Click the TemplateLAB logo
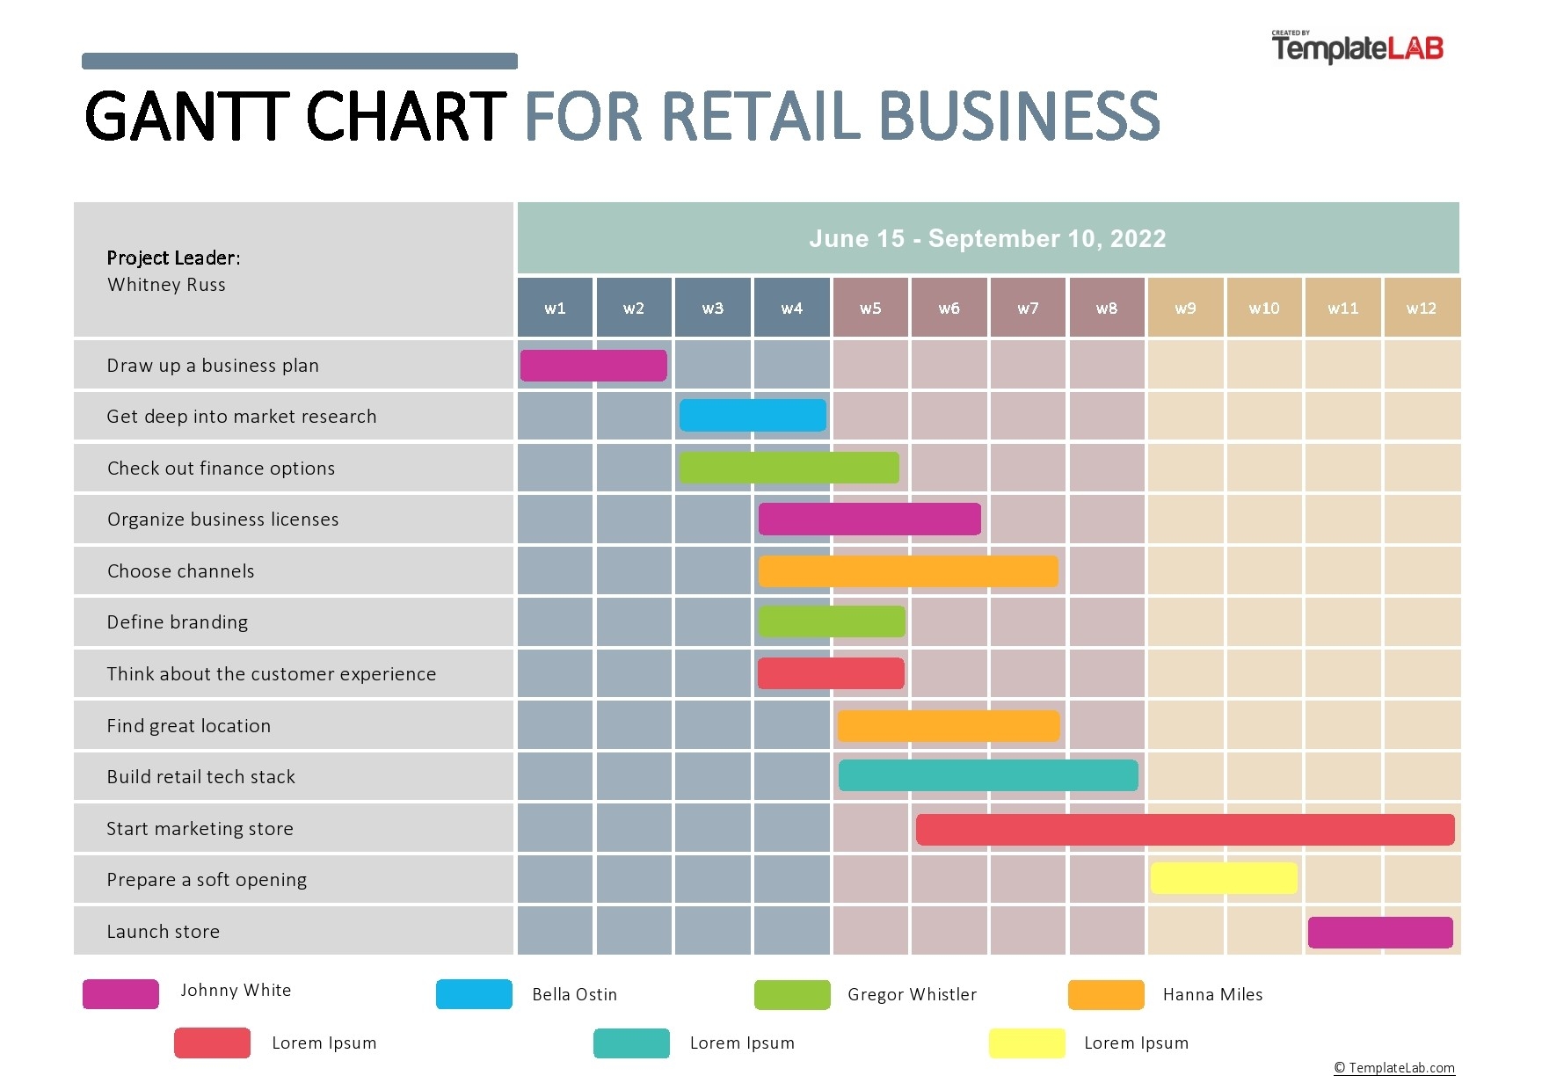coord(1357,47)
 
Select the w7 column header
coord(1027,309)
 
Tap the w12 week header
coord(1421,309)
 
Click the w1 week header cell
coord(555,309)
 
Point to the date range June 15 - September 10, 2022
coord(987,239)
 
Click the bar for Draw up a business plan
coord(593,366)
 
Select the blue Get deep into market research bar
coord(753,416)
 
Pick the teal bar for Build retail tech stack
coord(987,776)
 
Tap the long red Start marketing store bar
coord(1184,830)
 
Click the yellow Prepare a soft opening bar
coord(1224,878)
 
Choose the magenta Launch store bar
coord(1380,933)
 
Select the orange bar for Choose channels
coord(908,571)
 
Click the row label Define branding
coord(178,622)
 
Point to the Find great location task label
coord(189,726)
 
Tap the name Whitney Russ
coord(166,285)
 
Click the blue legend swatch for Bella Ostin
coord(474,994)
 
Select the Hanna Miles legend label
coord(1212,994)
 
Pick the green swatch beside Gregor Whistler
coord(792,994)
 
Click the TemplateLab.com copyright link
coord(1394,1068)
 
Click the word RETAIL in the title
coord(760,117)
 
